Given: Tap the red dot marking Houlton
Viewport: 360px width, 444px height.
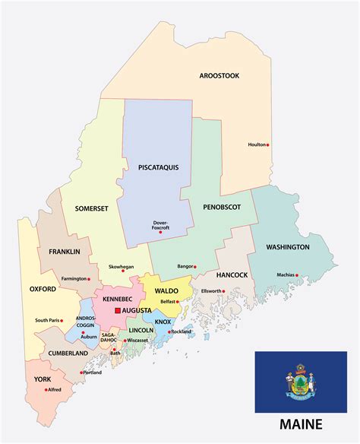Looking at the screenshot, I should (x=268, y=144).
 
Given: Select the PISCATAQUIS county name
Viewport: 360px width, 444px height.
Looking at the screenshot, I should (x=159, y=167).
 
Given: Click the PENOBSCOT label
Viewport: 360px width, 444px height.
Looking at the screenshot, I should (x=221, y=206).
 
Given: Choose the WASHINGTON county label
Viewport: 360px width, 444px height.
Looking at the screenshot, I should (x=287, y=247).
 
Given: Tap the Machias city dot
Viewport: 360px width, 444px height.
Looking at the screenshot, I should (x=298, y=275).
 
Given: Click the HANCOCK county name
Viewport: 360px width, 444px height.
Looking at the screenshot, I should (x=233, y=274).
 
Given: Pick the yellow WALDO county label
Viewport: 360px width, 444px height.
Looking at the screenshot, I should (x=166, y=290).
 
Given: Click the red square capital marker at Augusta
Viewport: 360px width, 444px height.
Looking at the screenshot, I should (x=117, y=311).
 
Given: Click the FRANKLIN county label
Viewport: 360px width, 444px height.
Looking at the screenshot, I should (x=65, y=251).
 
